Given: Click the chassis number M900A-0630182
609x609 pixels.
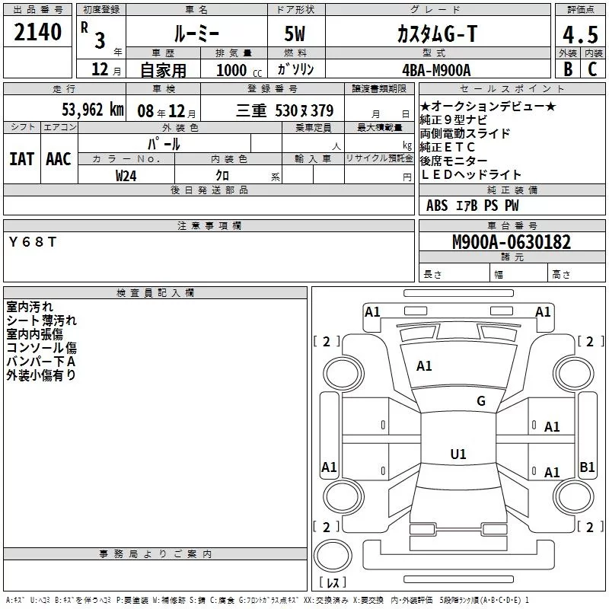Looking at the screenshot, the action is click(512, 242).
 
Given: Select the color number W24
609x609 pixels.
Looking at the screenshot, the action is click(126, 174).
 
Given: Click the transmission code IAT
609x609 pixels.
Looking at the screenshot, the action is click(22, 158).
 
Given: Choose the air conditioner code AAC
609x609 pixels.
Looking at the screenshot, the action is click(59, 158).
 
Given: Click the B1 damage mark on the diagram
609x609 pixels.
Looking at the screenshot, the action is click(587, 467).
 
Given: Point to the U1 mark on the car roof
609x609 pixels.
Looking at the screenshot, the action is click(458, 454).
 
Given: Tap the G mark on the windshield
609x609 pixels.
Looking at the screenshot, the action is click(480, 401).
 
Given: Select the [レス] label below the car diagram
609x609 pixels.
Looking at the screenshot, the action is click(332, 582).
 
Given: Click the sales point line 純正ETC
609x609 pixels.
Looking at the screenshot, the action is click(448, 147).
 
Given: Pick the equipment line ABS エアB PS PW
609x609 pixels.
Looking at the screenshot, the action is click(473, 206).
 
